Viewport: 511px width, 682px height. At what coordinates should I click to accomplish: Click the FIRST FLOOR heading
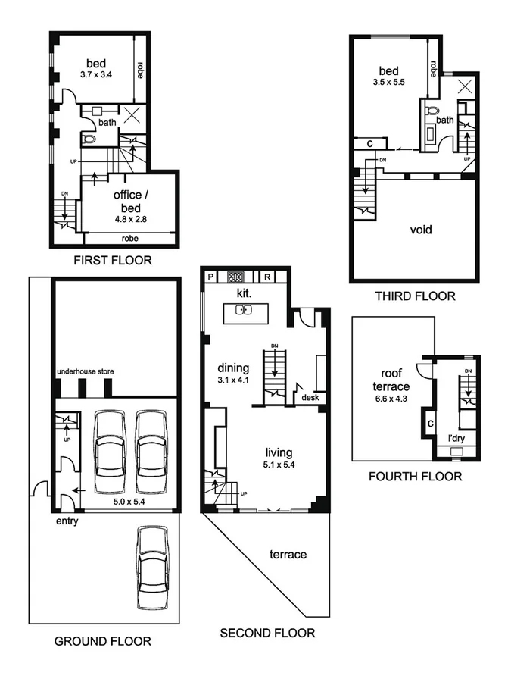tap(112, 261)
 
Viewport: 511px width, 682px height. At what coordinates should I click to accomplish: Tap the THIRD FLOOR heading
tap(415, 296)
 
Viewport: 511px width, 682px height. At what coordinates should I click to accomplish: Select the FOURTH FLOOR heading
tap(415, 477)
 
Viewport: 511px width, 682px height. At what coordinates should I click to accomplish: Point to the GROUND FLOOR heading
tap(102, 641)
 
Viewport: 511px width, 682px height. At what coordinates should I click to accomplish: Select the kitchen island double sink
tap(244, 309)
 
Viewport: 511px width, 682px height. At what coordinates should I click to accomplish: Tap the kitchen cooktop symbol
tap(234, 277)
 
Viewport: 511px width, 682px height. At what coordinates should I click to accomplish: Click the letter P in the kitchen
tap(211, 277)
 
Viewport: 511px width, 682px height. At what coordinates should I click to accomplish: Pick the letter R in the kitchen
tap(267, 277)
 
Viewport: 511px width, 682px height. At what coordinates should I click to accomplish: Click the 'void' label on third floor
tap(421, 229)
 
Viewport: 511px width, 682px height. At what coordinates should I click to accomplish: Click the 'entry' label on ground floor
tap(66, 521)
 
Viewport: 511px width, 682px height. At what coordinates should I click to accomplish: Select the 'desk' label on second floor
tap(310, 397)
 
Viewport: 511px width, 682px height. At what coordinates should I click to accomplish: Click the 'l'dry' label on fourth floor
tap(456, 438)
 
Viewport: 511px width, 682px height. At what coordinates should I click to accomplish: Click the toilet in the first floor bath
tap(89, 139)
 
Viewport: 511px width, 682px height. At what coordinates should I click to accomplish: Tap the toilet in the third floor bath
tap(432, 111)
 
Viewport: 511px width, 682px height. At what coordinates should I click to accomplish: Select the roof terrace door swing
tap(426, 370)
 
